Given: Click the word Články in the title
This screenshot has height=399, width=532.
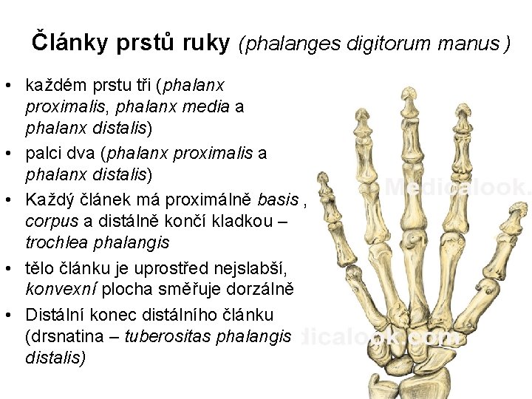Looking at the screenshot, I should tap(71, 42).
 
